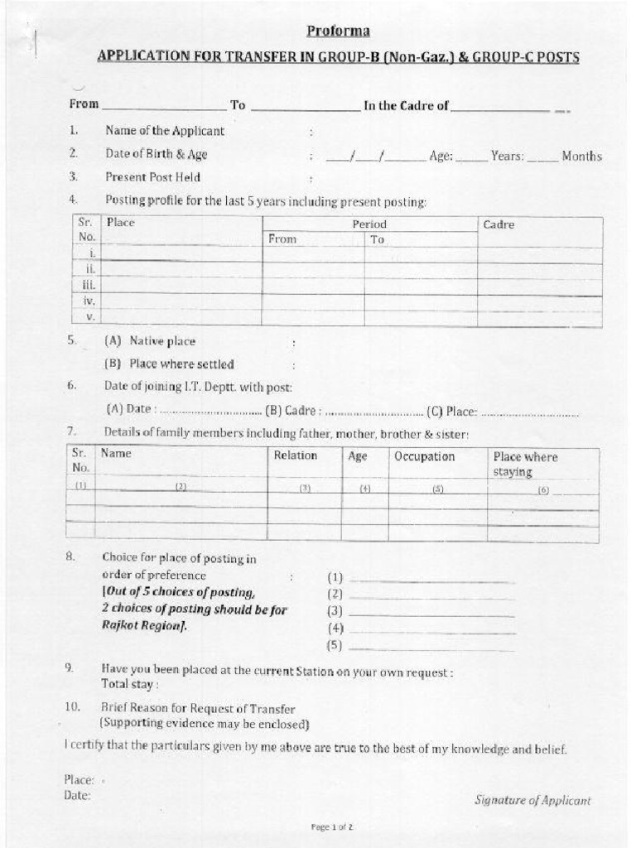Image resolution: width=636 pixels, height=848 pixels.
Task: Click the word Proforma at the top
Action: [338, 31]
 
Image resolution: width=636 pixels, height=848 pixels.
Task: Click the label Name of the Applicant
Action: [164, 131]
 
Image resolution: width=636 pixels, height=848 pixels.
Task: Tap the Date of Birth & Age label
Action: [156, 154]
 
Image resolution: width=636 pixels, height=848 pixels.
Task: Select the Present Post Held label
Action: [152, 177]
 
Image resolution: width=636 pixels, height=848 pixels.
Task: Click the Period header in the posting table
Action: [369, 224]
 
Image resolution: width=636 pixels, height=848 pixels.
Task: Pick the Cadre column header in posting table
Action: [499, 224]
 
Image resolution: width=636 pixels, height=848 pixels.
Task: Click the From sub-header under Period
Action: [282, 239]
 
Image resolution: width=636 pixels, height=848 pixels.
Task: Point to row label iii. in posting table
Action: [89, 285]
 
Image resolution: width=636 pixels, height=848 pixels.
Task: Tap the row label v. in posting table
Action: [91, 317]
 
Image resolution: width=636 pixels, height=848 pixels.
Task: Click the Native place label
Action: [162, 341]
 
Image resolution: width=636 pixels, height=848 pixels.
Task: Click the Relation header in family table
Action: [296, 455]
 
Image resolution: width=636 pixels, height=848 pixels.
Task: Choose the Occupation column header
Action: [424, 456]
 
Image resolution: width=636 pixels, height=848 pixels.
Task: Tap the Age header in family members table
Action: [358, 456]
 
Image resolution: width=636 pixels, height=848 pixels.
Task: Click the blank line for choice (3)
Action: [431, 614]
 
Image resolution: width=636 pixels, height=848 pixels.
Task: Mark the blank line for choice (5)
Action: [431, 647]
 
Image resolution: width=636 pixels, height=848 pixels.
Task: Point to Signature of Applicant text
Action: [532, 800]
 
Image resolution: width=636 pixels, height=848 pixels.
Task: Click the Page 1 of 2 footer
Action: [332, 826]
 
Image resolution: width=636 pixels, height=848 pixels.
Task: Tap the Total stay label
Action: [130, 685]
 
